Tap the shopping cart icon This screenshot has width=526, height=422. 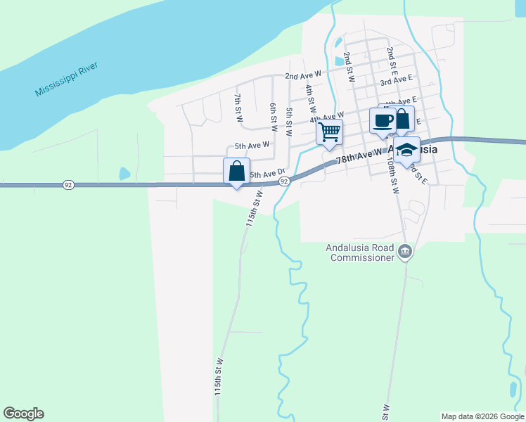pos(329,132)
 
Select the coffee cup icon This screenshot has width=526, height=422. pos(383,120)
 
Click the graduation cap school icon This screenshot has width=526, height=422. pos(406,150)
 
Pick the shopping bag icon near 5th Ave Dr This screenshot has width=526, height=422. pos(236,171)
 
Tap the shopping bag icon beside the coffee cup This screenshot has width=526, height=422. pos(402,119)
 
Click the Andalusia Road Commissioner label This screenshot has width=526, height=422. pos(360,252)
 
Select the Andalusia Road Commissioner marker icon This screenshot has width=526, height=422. pos(404,252)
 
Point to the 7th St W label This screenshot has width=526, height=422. pos(239,108)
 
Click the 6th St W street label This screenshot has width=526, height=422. pos(274,115)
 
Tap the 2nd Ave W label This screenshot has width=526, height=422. pos(302,75)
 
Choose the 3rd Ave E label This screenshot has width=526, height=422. pos(396,82)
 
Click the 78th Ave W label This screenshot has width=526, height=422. pos(359,155)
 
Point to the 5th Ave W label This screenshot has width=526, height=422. pos(252,146)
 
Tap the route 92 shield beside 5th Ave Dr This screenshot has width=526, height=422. pos(284,181)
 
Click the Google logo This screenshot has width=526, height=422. pos(23,414)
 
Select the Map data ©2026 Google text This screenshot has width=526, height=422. pos(482,416)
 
